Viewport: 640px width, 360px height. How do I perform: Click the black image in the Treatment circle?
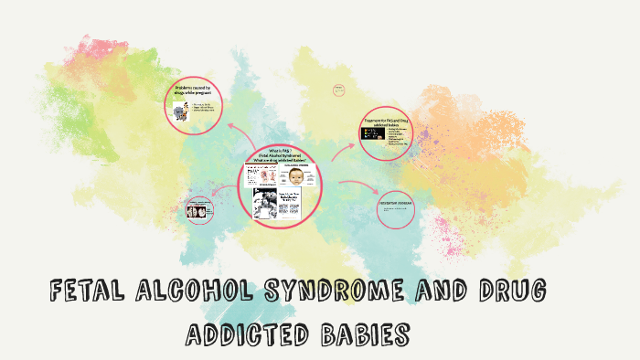coord(372,134)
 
